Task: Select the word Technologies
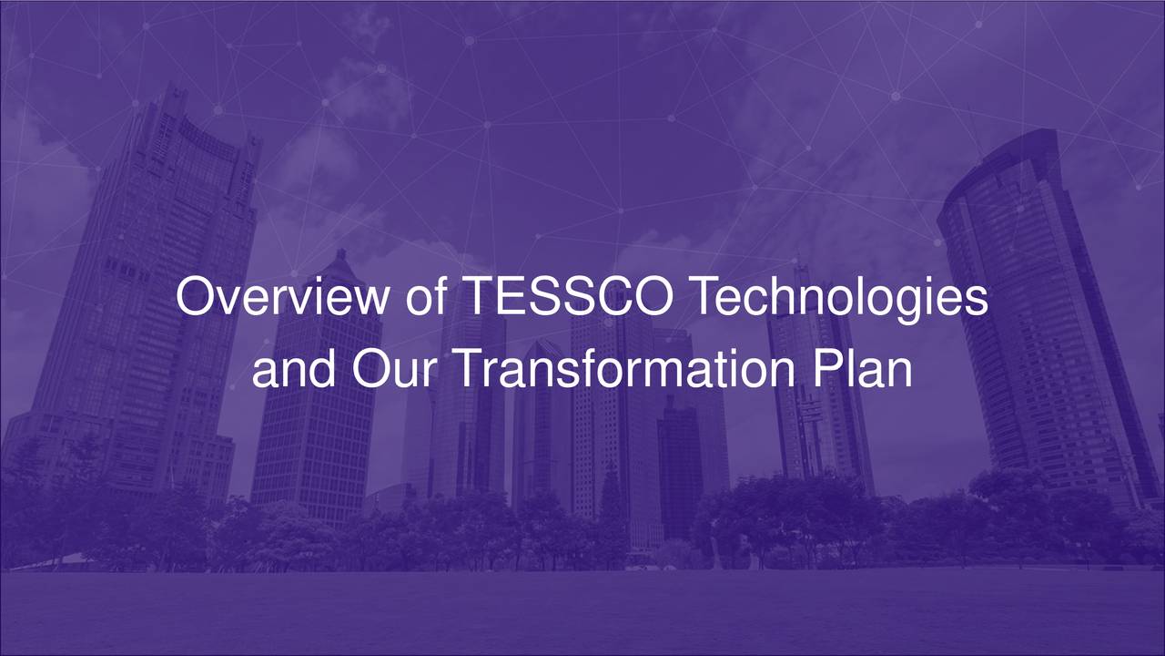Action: pyautogui.click(x=838, y=298)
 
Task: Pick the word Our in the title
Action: pyautogui.click(x=391, y=369)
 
